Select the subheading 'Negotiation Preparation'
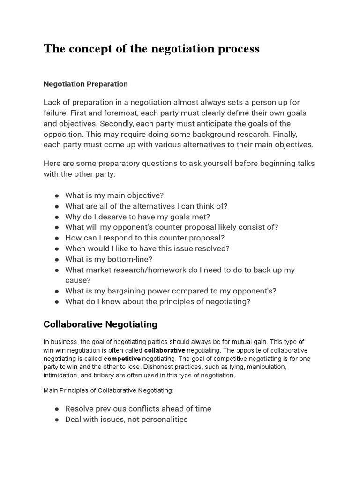85,84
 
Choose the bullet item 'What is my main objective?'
114,195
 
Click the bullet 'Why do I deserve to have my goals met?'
137,217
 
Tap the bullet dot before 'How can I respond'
57,238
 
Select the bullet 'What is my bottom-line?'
109,259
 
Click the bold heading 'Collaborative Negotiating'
100,324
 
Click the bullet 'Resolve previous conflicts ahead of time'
138,409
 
